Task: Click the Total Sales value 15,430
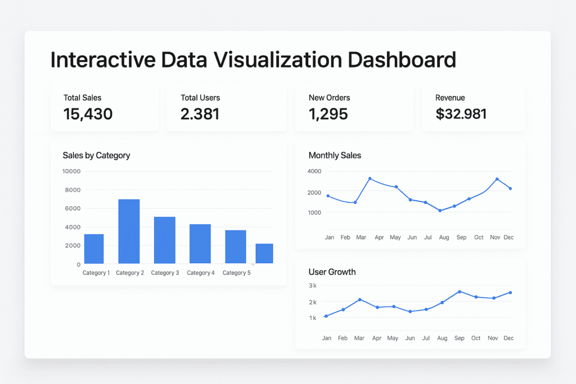click(x=88, y=114)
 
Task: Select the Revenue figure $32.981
click(x=461, y=114)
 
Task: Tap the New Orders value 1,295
click(x=328, y=114)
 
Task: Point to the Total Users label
click(x=200, y=98)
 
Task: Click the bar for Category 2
click(x=129, y=231)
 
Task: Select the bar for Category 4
click(x=200, y=243)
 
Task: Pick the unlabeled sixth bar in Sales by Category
click(x=264, y=253)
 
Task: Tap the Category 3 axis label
click(x=165, y=273)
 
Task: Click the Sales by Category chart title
click(x=96, y=155)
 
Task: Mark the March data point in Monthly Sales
click(x=370, y=178)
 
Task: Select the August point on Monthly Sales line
click(x=440, y=210)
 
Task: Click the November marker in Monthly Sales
click(x=497, y=179)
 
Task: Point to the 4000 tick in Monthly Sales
click(x=314, y=171)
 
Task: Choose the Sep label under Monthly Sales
click(x=461, y=237)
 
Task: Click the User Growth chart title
click(x=332, y=272)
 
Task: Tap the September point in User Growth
click(x=460, y=292)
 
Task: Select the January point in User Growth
click(x=326, y=316)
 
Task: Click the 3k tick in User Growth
click(x=313, y=286)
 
